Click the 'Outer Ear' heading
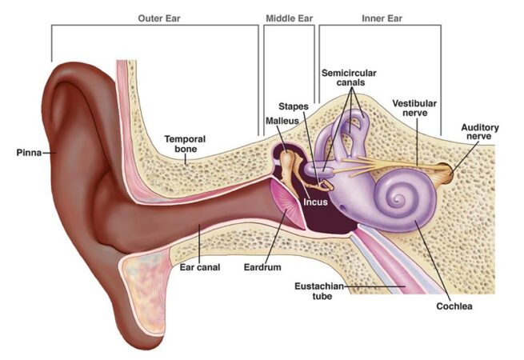pyautogui.click(x=159, y=18)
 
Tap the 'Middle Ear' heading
pyautogui.click(x=290, y=18)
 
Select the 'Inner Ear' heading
pyautogui.click(x=382, y=18)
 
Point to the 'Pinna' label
pyautogui.click(x=29, y=153)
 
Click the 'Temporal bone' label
pyautogui.click(x=185, y=144)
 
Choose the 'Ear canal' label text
pyautogui.click(x=200, y=267)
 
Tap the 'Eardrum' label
pyautogui.click(x=262, y=267)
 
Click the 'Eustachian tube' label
pyautogui.click(x=319, y=291)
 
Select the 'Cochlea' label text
pyautogui.click(x=454, y=306)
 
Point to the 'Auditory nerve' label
pyautogui.click(x=480, y=132)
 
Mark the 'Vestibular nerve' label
pyautogui.click(x=414, y=108)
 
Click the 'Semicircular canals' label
pyautogui.click(x=349, y=78)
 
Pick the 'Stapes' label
pyautogui.click(x=294, y=106)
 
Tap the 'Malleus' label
pyautogui.click(x=282, y=121)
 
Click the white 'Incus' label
pyautogui.click(x=315, y=202)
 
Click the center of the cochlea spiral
pyautogui.click(x=398, y=200)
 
